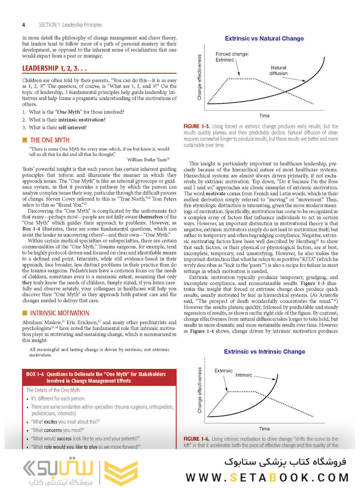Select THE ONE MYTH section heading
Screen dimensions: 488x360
click(50, 140)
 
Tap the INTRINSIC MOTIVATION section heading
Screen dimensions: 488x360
click(60, 313)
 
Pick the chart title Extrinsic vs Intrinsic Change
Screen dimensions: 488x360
click(265, 352)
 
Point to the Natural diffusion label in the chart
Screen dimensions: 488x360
click(278, 70)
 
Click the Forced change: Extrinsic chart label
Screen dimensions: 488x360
click(232, 57)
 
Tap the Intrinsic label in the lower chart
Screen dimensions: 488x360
click(244, 375)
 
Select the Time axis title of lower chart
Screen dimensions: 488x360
click(264, 428)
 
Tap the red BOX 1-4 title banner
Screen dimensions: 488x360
click(99, 377)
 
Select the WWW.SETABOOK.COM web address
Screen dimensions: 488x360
click(267, 477)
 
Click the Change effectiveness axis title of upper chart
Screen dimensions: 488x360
click(199, 77)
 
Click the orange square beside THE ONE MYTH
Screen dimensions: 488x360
click(25, 140)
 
